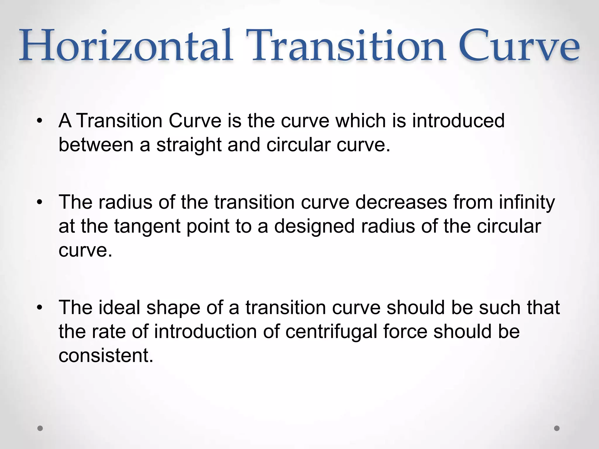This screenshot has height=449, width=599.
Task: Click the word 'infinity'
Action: [x=527, y=202]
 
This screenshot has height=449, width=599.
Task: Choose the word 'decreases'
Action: [x=401, y=202]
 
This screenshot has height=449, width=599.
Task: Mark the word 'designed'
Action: [x=314, y=226]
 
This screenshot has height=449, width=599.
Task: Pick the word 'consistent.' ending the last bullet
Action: [x=106, y=355]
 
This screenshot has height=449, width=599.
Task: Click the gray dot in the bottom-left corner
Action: [x=40, y=428]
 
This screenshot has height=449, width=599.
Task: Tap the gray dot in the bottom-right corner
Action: [x=557, y=428]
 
